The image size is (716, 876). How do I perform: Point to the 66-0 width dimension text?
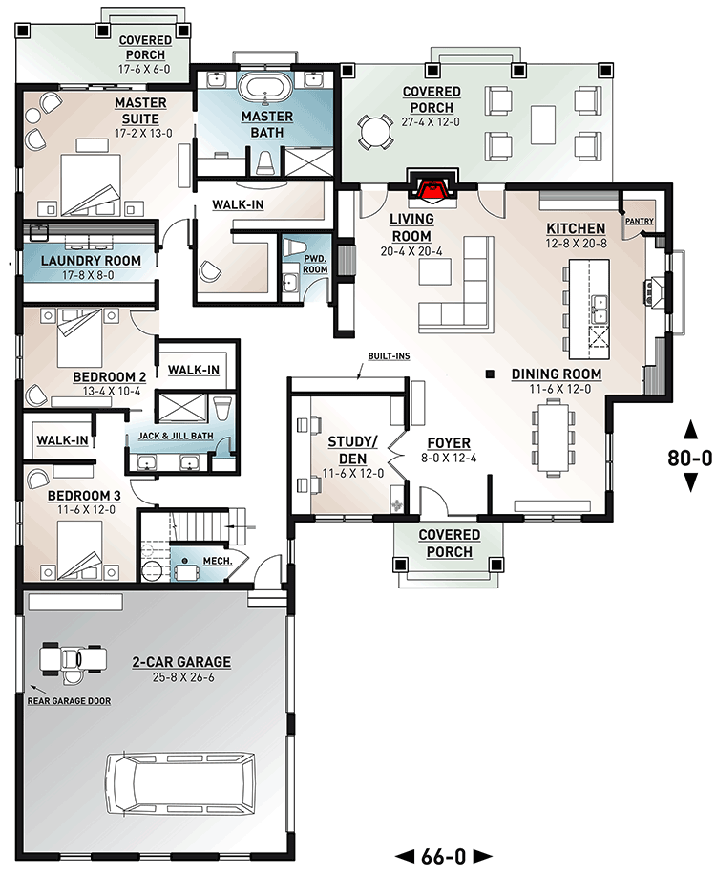click(443, 856)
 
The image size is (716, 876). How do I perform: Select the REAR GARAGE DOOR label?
click(70, 701)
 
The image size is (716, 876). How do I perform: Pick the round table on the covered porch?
click(375, 130)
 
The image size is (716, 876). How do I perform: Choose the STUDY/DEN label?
click(353, 448)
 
